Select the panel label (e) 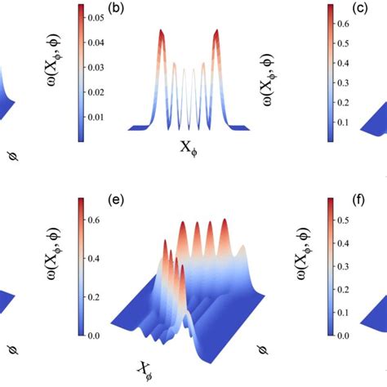[x=118, y=198]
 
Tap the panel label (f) [x=360, y=198]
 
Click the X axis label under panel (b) [x=189, y=147]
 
